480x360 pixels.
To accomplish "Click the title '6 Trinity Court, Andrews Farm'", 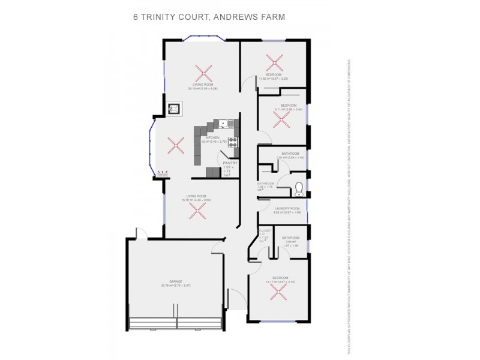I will (x=209, y=17).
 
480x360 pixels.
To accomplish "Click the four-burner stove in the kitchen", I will (x=233, y=142).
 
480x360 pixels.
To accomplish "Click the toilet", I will (x=299, y=191).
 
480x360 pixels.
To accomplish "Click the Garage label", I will (x=175, y=281).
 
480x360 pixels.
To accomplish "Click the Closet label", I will (x=266, y=231).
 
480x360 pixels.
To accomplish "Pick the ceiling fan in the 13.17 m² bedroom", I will (x=278, y=292).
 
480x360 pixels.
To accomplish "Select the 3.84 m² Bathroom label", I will (x=290, y=238).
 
